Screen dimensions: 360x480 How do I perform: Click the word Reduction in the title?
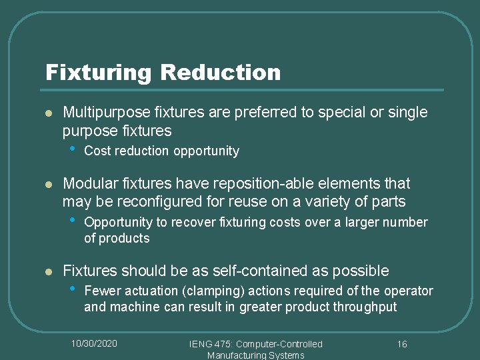click(221, 72)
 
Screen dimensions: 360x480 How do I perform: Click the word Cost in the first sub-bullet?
click(97, 151)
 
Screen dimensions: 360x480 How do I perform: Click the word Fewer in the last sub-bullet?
click(101, 291)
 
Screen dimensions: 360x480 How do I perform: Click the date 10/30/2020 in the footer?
click(95, 343)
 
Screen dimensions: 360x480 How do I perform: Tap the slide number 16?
click(401, 344)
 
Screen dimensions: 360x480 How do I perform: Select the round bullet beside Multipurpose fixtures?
click(47, 113)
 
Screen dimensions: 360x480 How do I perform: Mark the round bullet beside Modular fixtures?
click(47, 184)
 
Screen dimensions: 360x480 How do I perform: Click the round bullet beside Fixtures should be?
click(47, 271)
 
